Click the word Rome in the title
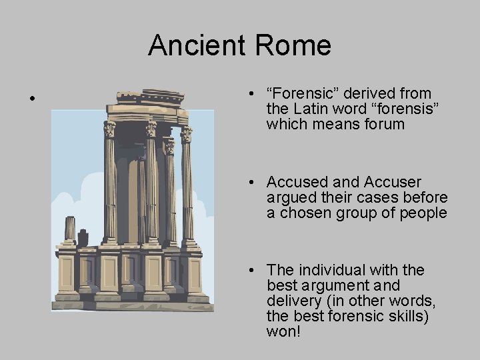point(293,45)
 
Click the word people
point(424,213)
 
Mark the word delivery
point(290,301)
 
